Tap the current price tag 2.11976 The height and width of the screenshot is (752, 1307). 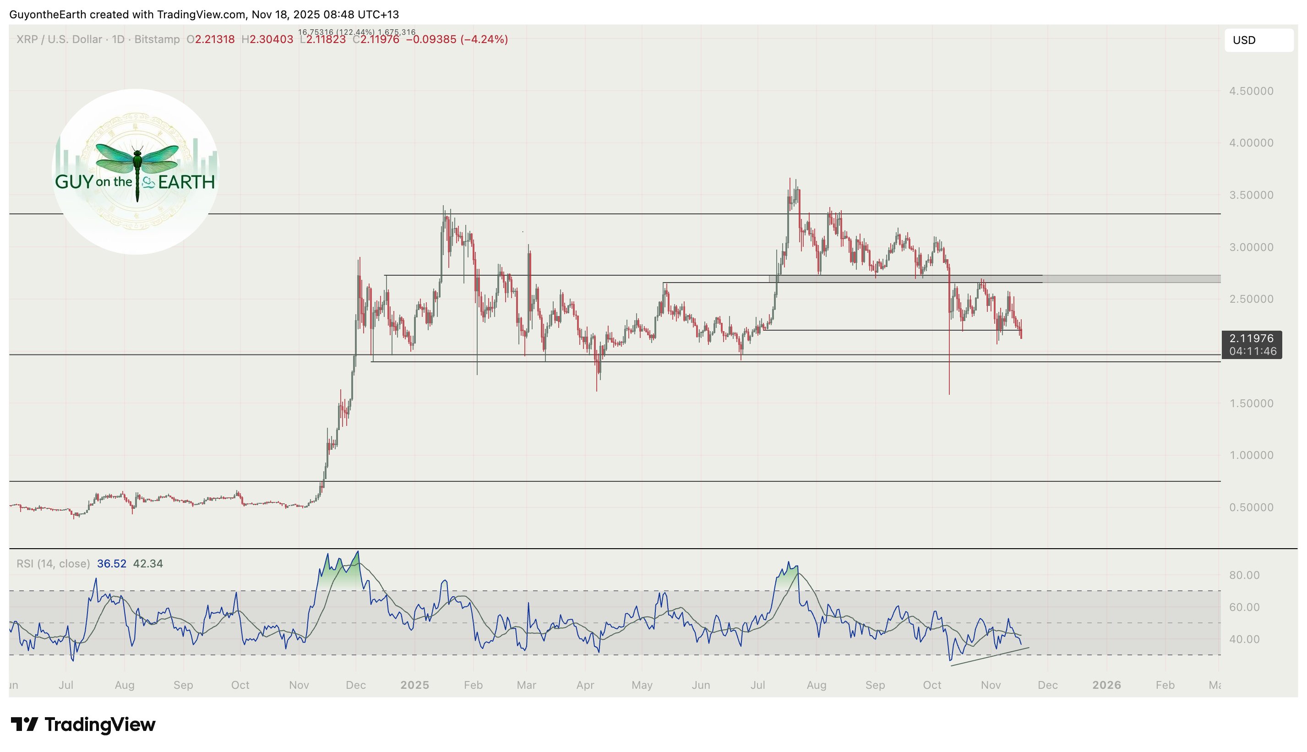1251,339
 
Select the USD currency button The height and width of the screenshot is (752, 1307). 1258,40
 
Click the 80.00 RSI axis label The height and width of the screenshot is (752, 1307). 1243,575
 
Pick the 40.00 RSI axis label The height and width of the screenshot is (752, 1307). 1243,639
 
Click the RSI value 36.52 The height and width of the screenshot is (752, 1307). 112,563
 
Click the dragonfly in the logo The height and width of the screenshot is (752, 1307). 137,165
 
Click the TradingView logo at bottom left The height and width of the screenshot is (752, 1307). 82,724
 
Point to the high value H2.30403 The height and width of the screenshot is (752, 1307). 267,39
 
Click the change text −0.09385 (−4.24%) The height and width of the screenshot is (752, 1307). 457,39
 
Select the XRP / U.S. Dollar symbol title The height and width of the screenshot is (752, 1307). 59,39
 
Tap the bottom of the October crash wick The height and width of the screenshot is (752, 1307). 949,393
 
